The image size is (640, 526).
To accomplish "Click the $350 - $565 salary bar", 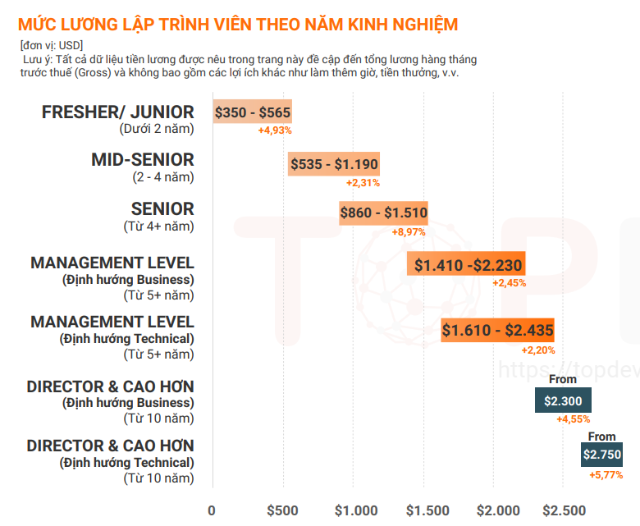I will pyautogui.click(x=252, y=112).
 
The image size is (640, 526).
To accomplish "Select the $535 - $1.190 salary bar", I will pyautogui.click(x=333, y=164).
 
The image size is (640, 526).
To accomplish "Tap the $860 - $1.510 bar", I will pyautogui.click(x=383, y=213).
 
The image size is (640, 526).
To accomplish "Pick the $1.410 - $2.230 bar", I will pyautogui.click(x=466, y=264).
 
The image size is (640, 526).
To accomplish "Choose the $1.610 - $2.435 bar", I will pyautogui.click(x=497, y=331).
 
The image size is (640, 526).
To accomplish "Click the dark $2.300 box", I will pyautogui.click(x=563, y=401).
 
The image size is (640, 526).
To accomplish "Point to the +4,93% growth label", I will pyautogui.click(x=275, y=130).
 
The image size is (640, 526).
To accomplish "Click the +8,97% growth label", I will pyautogui.click(x=409, y=232).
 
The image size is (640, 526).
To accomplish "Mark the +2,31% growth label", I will pyautogui.click(x=363, y=182).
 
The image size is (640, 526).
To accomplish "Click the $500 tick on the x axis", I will pyautogui.click(x=283, y=510).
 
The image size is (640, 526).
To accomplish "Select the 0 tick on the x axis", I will pyautogui.click(x=212, y=510).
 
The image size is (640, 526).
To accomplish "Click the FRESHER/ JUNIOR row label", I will pyautogui.click(x=118, y=112).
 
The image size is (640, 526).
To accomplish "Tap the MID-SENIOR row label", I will pyautogui.click(x=143, y=160).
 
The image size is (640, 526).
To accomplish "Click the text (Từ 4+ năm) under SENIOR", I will pyautogui.click(x=158, y=226).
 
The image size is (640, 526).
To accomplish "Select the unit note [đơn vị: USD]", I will pyautogui.click(x=52, y=45).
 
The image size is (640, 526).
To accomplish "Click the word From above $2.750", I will pyautogui.click(x=601, y=437).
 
